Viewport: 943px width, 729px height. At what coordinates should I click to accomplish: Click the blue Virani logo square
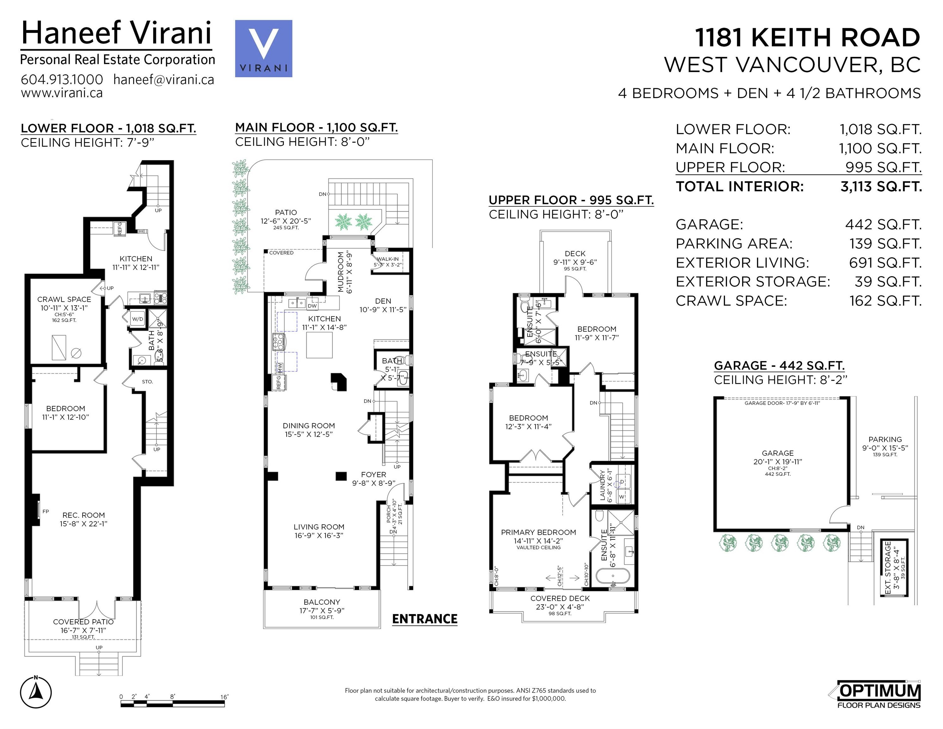pos(264,48)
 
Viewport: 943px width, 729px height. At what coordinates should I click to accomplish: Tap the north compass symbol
pos(36,693)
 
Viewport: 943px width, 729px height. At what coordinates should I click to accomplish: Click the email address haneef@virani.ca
pos(164,79)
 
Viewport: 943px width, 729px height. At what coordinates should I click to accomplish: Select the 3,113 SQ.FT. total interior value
pos(881,187)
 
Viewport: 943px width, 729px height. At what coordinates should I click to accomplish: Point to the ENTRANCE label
pos(425,619)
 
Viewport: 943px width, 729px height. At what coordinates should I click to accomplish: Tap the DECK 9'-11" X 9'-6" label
pos(575,258)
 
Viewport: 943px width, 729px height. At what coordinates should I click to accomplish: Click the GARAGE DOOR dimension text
pos(782,403)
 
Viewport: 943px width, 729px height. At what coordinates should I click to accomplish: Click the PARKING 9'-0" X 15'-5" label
pos(885,444)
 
